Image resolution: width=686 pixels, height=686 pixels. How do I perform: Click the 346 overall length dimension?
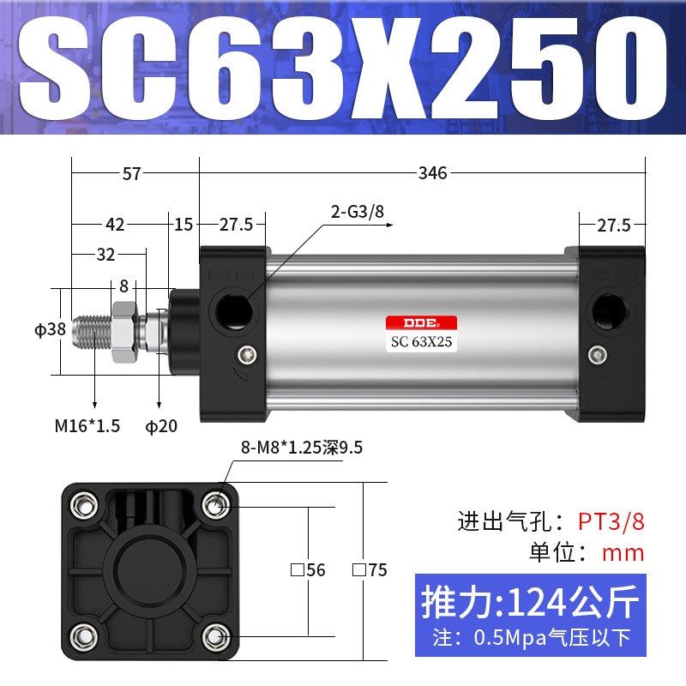coord(432,173)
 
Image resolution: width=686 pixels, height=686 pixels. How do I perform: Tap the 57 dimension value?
coord(131,173)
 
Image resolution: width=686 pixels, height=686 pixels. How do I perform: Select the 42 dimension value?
coord(115,225)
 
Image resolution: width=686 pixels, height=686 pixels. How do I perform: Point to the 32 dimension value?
coord(105,255)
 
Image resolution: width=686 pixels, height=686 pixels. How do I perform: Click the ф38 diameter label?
coord(50,329)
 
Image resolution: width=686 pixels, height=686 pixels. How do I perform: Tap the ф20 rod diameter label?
coord(161,425)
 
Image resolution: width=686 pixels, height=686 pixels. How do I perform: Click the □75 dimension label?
coord(370,569)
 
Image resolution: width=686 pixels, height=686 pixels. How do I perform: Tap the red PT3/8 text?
coord(610,521)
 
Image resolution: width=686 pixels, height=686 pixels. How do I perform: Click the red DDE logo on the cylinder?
coord(420,323)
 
